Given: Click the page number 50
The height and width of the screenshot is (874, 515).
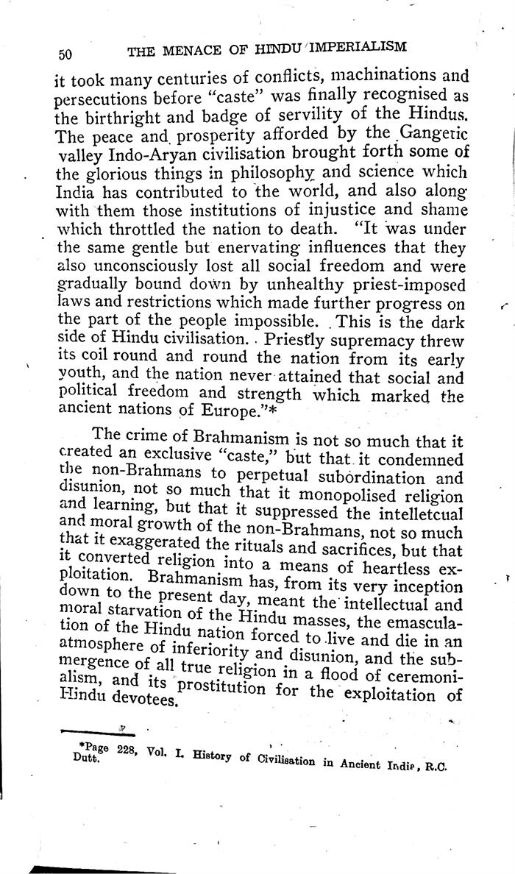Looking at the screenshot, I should [x=64, y=54].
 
